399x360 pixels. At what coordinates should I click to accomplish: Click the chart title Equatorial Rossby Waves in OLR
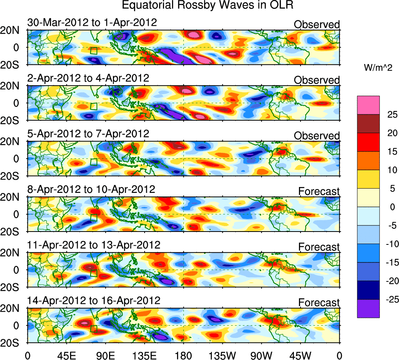(x=207, y=5)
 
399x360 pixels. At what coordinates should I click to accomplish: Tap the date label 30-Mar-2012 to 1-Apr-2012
(x=92, y=22)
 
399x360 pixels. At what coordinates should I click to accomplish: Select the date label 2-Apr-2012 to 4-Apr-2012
(x=88, y=78)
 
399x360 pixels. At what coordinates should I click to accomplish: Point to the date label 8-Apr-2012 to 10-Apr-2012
(x=91, y=189)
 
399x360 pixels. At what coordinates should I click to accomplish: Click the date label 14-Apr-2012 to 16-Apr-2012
(x=94, y=301)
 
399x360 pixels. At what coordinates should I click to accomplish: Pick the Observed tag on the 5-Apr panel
(x=317, y=136)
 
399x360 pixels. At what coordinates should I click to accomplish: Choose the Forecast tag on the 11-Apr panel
(x=319, y=247)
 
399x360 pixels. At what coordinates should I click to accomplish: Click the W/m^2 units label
(x=378, y=68)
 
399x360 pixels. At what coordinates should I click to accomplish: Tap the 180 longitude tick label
(x=183, y=355)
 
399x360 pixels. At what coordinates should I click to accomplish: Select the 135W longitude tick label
(x=222, y=355)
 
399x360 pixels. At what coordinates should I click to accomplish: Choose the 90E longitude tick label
(x=105, y=355)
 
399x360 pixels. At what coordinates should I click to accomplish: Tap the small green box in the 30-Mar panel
(x=93, y=51)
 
